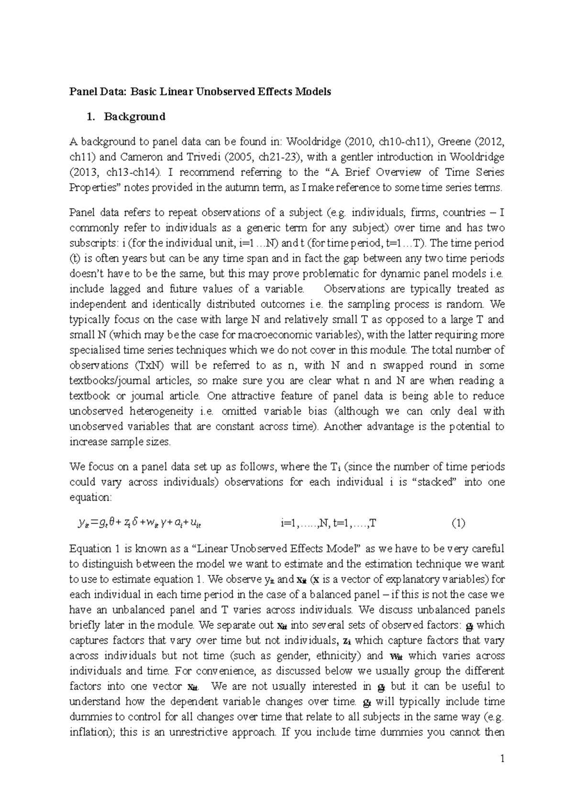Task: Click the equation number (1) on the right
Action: tap(458, 523)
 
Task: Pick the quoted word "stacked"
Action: tap(434, 482)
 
